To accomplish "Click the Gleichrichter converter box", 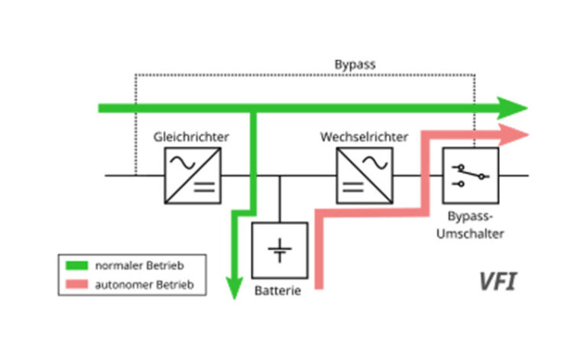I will pyautogui.click(x=193, y=176).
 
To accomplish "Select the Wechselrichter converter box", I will pyautogui.click(x=365, y=176).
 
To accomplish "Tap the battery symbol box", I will pyautogui.click(x=280, y=250).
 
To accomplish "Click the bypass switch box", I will pyautogui.click(x=470, y=176).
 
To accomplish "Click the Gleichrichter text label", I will pyautogui.click(x=192, y=138).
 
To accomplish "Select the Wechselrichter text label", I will pyautogui.click(x=364, y=138).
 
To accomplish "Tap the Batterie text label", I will pyautogui.click(x=279, y=291).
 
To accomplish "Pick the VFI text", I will pyautogui.click(x=497, y=281).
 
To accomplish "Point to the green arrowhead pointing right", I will pyautogui.click(x=514, y=108).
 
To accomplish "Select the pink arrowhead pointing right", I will pyautogui.click(x=516, y=135).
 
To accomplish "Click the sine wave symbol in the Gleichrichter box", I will pyautogui.click(x=183, y=163).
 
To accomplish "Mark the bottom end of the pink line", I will pyautogui.click(x=321, y=285).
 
